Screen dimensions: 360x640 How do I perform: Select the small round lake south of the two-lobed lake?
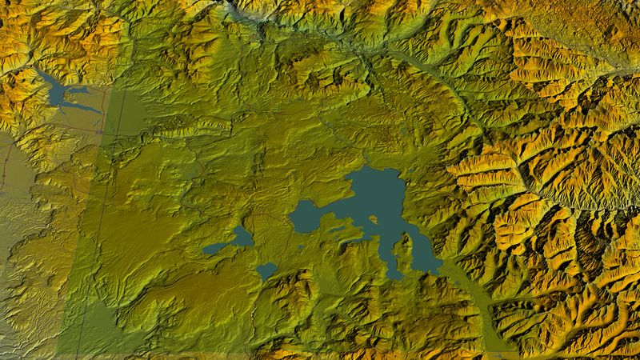tap(267, 271)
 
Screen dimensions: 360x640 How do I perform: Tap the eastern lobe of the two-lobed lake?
tap(242, 237)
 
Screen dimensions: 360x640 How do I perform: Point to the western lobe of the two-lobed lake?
tap(214, 249)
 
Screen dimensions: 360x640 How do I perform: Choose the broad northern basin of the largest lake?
tap(376, 192)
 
